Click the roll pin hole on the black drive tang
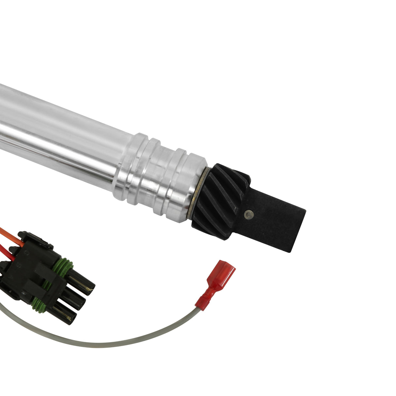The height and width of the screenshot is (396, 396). (x=249, y=214)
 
